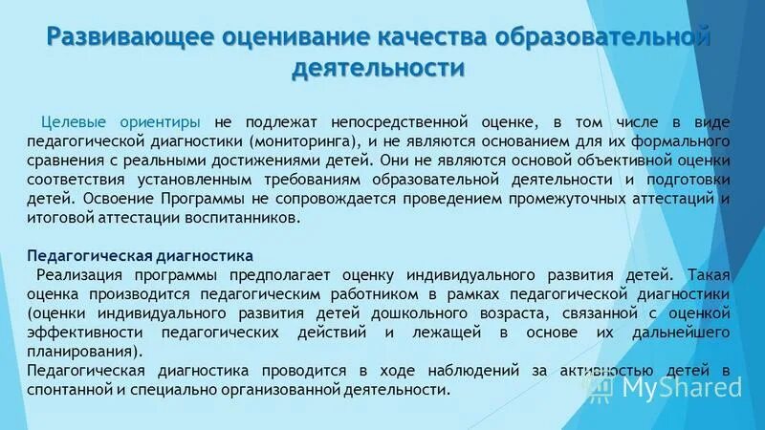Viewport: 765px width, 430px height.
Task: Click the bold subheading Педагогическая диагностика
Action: tap(141, 256)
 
